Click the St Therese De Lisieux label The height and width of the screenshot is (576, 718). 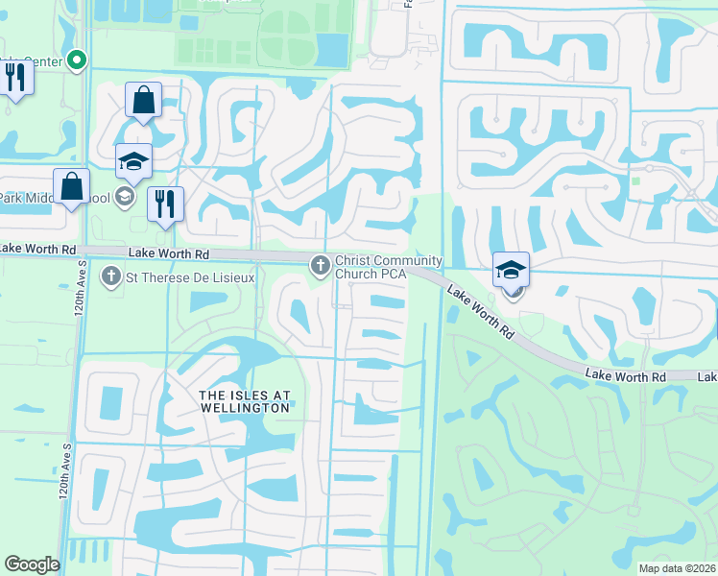[x=180, y=278]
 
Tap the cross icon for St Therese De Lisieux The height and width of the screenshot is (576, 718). [x=110, y=277]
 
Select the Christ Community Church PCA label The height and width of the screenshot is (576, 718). [x=388, y=267]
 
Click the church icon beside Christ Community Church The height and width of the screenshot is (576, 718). [x=320, y=263]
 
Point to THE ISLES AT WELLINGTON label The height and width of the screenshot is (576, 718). [x=229, y=401]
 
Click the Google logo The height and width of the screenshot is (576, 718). [x=32, y=564]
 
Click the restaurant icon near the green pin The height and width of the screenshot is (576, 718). [x=15, y=76]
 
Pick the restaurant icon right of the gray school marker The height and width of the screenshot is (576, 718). [x=165, y=204]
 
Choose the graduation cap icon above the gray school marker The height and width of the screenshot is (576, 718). [x=133, y=161]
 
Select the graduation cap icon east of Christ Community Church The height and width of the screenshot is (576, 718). [x=512, y=269]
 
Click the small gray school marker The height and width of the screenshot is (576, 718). [x=123, y=198]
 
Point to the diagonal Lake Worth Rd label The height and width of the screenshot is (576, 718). [x=478, y=309]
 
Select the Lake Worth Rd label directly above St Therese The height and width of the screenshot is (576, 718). [x=169, y=253]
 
